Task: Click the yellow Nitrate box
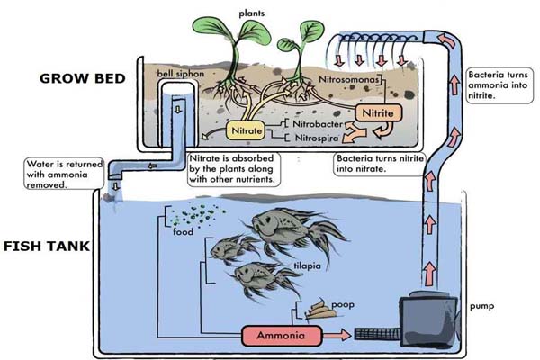click(x=246, y=132)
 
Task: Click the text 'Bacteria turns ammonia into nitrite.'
click(x=499, y=86)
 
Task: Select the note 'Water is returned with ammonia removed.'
click(x=61, y=174)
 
